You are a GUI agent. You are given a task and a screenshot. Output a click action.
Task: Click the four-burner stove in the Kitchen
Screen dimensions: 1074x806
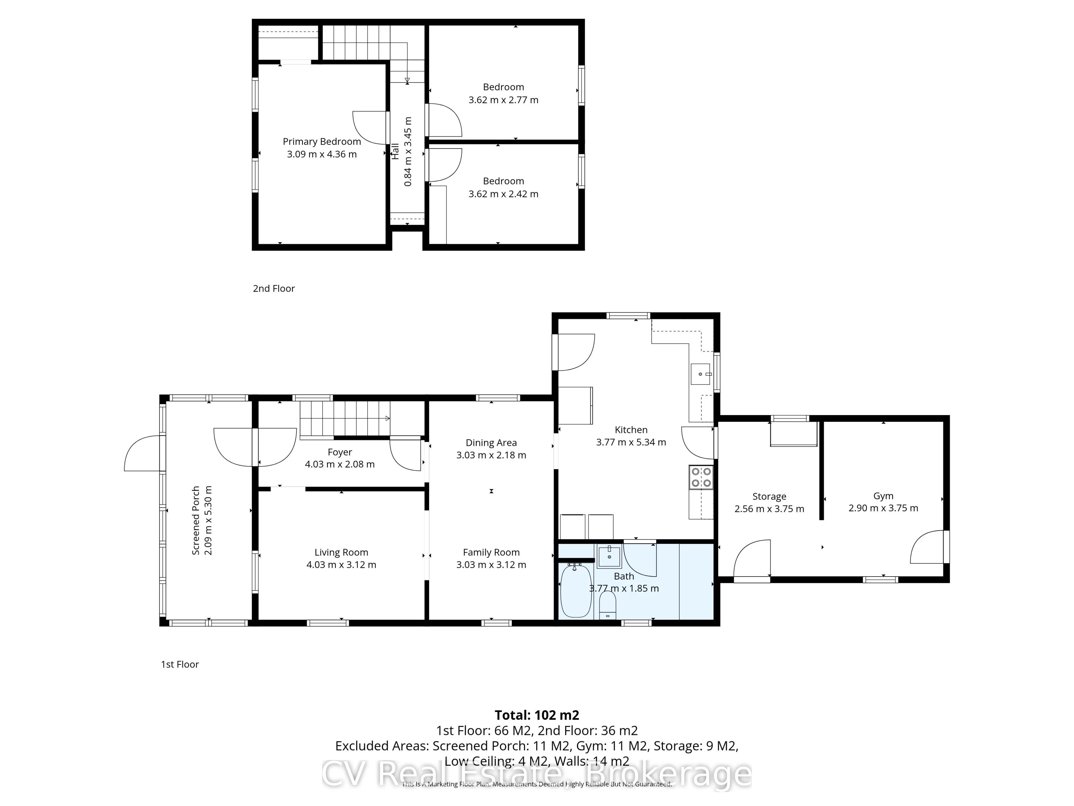(x=701, y=477)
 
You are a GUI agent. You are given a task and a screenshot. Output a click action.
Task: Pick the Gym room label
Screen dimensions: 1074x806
(x=883, y=496)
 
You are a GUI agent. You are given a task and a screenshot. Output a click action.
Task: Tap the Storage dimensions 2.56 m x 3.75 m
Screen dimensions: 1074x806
(x=769, y=509)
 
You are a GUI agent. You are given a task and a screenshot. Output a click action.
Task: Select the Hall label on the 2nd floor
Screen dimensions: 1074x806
(x=395, y=151)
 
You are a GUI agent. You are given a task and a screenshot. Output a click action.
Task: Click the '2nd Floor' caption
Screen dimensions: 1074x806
(x=274, y=289)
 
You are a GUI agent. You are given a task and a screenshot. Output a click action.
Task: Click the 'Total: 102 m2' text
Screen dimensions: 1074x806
(x=537, y=715)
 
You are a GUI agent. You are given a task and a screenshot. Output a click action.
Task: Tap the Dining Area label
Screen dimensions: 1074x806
(x=491, y=442)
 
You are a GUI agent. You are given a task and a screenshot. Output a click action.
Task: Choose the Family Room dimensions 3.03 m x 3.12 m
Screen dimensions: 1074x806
(x=491, y=564)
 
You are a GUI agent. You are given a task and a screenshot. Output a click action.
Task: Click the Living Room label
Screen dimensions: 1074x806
(x=341, y=552)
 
